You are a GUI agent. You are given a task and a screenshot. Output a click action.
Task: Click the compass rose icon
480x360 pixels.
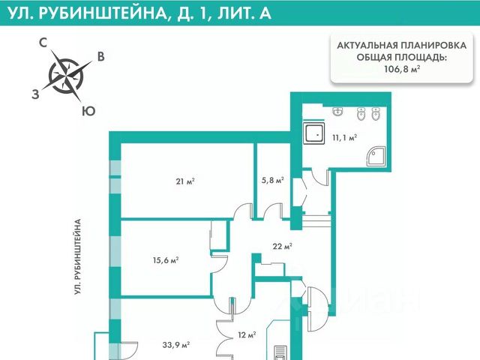[69, 74]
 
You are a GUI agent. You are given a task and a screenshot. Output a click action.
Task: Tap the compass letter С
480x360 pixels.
[43, 43]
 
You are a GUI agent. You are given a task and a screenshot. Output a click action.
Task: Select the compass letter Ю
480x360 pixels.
[88, 111]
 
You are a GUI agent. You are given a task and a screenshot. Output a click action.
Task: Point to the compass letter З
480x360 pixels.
[35, 94]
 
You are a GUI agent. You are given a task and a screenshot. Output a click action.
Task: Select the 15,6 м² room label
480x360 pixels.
[165, 260]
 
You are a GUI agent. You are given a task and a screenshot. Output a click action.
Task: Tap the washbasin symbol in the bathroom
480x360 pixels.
[337, 113]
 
